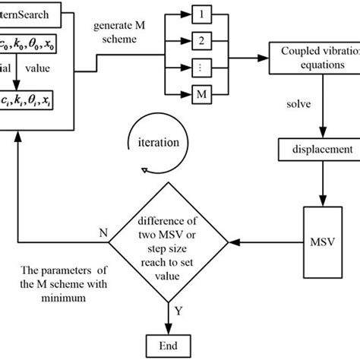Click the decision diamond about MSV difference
click(x=169, y=243)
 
